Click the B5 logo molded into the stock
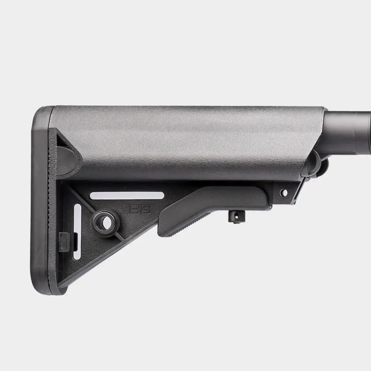point(139,209)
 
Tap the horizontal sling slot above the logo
point(127,196)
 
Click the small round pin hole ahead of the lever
point(284,193)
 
